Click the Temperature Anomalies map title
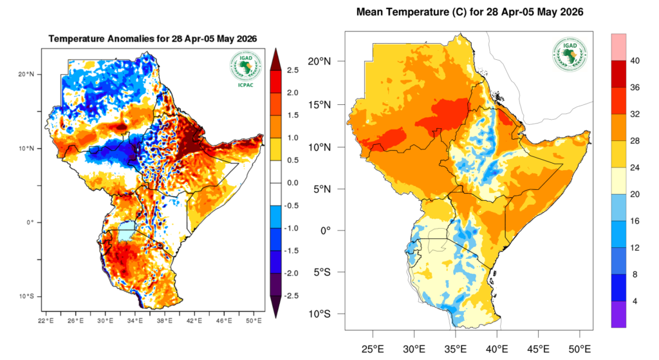coord(153,39)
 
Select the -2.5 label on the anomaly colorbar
coord(292,296)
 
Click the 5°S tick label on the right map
coord(330,272)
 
